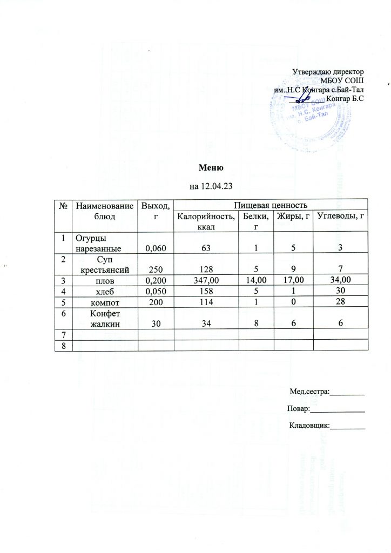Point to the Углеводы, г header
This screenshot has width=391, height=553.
coord(339,217)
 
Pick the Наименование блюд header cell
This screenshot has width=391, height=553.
coord(105,211)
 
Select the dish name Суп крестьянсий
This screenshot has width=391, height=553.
coord(105,265)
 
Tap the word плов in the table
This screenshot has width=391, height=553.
coord(105,280)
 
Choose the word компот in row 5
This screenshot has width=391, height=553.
coord(105,302)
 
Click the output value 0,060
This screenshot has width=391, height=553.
coord(155,248)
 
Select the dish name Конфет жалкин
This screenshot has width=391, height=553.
coord(105,319)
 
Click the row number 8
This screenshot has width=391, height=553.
coord(63,346)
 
